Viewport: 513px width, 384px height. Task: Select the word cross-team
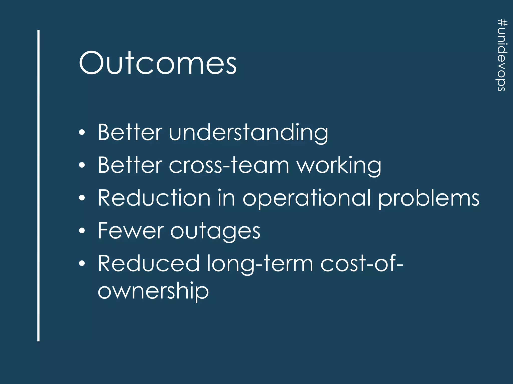pyautogui.click(x=229, y=165)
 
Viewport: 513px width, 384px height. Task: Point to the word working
pyautogui.click(x=339, y=166)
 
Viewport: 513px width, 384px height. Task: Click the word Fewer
pyautogui.click(x=131, y=231)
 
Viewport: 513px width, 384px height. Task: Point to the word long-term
pyautogui.click(x=260, y=264)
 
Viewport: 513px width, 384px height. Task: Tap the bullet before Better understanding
pyautogui.click(x=82, y=132)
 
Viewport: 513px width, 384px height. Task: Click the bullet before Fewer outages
pyautogui.click(x=82, y=231)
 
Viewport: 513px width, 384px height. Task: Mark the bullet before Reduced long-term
pyautogui.click(x=82, y=263)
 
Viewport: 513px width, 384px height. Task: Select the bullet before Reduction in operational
pyautogui.click(x=82, y=198)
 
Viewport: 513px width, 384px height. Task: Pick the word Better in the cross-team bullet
pyautogui.click(x=130, y=165)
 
